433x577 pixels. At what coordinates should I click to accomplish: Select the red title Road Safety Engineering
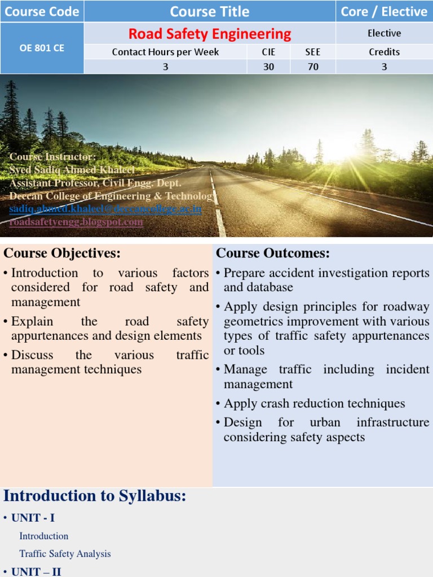[x=210, y=34]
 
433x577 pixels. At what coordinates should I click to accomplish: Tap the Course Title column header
[x=210, y=11]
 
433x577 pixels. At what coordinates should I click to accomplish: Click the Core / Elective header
[x=385, y=11]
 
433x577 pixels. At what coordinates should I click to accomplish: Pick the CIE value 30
[x=268, y=66]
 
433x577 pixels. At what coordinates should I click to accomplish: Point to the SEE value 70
[x=313, y=66]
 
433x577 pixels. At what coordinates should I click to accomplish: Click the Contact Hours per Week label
[x=165, y=52]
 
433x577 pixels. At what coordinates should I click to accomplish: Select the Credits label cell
[x=385, y=52]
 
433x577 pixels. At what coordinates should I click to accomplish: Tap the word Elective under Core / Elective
[x=385, y=33]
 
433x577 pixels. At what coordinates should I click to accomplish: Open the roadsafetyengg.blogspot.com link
[x=76, y=222]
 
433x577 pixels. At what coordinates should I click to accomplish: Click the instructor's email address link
[x=105, y=209]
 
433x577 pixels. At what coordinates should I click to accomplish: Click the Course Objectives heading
[x=62, y=254]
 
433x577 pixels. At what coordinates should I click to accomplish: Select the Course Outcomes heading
[x=273, y=254]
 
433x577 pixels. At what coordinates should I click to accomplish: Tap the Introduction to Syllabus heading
[x=95, y=496]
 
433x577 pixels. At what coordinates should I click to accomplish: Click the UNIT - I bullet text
[x=33, y=517]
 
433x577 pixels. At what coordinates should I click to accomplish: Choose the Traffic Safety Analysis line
[x=65, y=554]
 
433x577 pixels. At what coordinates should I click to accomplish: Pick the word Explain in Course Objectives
[x=32, y=322]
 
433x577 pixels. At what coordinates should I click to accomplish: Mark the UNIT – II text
[x=36, y=571]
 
